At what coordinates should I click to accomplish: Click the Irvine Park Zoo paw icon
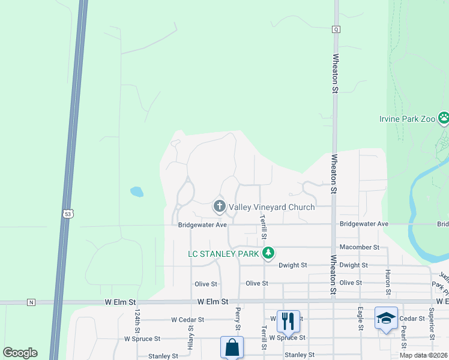tap(444, 118)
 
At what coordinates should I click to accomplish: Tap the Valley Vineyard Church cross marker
tap(220, 207)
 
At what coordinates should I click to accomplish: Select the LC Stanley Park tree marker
tap(268, 254)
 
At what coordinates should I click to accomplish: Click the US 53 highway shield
tap(67, 213)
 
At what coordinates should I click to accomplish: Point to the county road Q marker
tap(336, 29)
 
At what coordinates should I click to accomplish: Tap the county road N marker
tap(31, 302)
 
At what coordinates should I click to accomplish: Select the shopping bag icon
tap(232, 347)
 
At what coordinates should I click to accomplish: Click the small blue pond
tap(137, 192)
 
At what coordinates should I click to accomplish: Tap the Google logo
tap(20, 353)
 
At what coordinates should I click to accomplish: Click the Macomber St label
tap(360, 247)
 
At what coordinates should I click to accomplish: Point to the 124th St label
tap(137, 322)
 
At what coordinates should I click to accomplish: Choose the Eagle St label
tap(360, 319)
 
